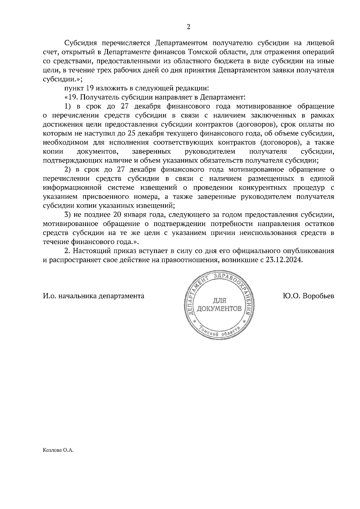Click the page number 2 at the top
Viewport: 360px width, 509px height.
coord(188,27)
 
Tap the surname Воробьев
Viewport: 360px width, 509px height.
coord(319,296)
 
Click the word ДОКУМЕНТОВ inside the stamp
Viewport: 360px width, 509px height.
coord(219,308)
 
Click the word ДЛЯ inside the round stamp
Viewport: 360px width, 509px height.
coord(219,301)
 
